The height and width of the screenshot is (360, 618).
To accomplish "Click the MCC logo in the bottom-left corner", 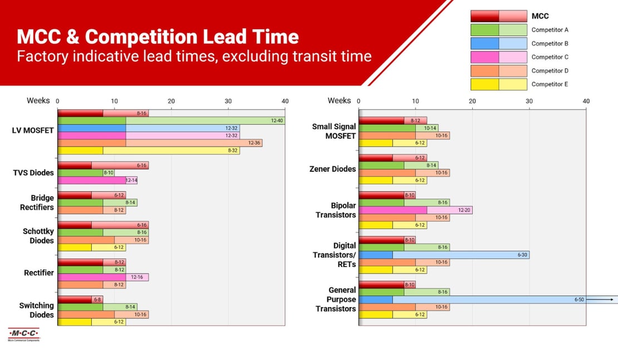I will point(23,334).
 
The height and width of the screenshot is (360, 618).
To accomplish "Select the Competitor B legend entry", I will point(550,43).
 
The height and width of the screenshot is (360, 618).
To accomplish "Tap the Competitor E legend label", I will point(550,85).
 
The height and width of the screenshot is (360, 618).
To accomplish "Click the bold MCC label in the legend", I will point(540,16).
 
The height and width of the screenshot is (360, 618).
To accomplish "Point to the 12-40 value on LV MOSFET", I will point(277,121).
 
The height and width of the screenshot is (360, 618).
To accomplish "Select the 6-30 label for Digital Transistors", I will point(522,255).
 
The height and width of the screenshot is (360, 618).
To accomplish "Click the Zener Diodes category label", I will point(332,169).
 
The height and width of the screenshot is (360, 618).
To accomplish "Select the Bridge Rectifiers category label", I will point(42,203).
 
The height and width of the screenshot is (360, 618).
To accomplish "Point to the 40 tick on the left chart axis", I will point(285,101).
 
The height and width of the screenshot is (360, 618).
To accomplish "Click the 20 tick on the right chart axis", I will point(472,101).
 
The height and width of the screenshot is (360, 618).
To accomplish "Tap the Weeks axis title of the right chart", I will point(339,101).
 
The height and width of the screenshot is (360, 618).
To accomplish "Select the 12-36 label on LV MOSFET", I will point(254,143).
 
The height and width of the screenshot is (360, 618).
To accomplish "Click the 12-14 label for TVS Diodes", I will point(131,180).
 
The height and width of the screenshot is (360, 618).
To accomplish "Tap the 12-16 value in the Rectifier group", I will point(136,277).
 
